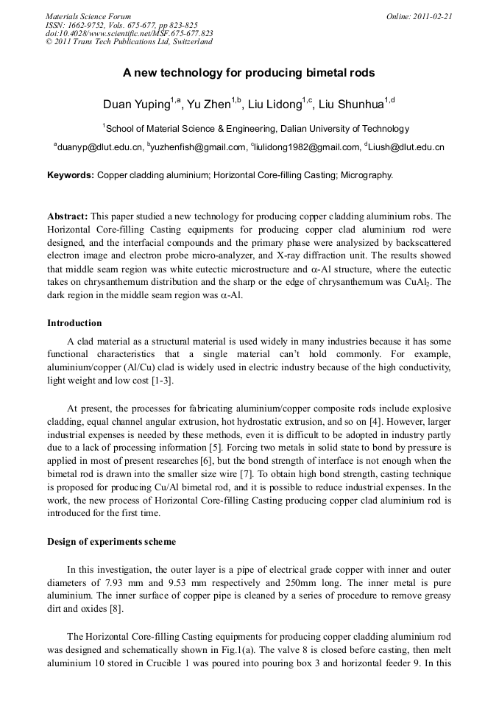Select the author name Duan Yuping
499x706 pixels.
click(x=136, y=105)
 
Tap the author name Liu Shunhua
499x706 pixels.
click(x=352, y=105)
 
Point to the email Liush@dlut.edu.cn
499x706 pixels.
click(x=406, y=147)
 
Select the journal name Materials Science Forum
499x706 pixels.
click(x=88, y=16)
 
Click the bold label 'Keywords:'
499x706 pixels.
click(x=71, y=175)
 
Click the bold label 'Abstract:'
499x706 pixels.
click(x=68, y=216)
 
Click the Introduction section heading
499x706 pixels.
click(x=74, y=322)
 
